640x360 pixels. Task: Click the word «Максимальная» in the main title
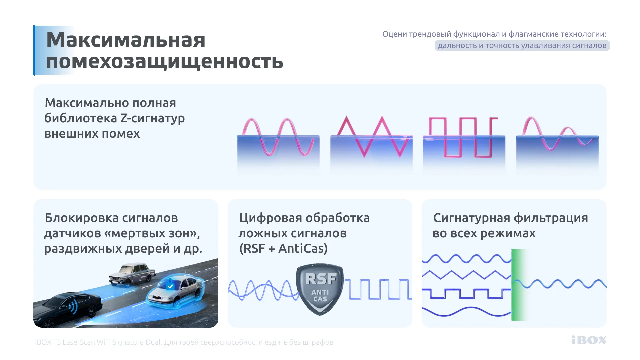click(126, 40)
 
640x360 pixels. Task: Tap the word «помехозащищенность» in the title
click(165, 62)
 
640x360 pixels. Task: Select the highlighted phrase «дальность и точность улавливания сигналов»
click(522, 46)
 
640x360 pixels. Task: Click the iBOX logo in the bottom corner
click(589, 340)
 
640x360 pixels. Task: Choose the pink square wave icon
click(463, 137)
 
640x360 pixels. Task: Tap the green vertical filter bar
click(518, 285)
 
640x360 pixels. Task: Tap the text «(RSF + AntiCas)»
click(283, 249)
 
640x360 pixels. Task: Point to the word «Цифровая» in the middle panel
click(270, 218)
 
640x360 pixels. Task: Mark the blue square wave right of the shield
click(378, 289)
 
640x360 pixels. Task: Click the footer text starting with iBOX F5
click(184, 342)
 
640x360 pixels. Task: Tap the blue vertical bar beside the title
click(34, 50)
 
